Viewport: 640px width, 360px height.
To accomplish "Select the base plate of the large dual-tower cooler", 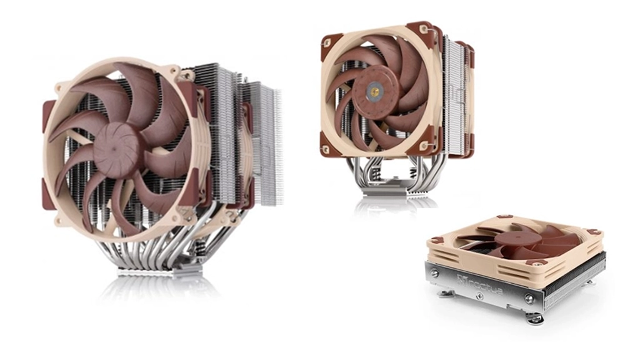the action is pos(160,272).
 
